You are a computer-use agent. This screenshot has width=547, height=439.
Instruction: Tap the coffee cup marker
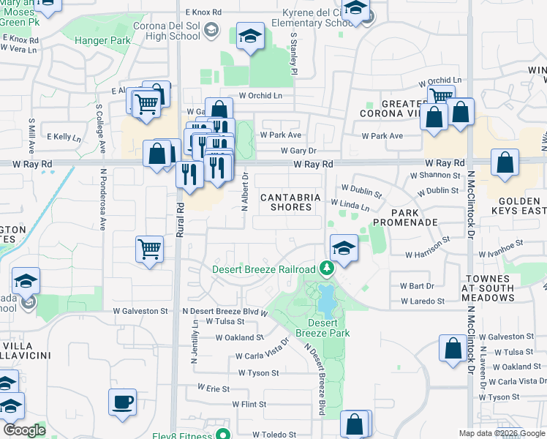pos(122,402)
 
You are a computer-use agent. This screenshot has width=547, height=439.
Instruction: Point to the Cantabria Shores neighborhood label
pos(292,202)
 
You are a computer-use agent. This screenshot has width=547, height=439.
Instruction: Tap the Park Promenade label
pos(405,221)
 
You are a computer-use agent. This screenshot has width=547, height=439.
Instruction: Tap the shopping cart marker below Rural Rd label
pos(150,249)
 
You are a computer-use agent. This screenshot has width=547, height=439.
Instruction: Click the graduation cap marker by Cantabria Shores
pos(343,247)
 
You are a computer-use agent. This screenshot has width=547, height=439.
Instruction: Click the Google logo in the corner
pos(25,430)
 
